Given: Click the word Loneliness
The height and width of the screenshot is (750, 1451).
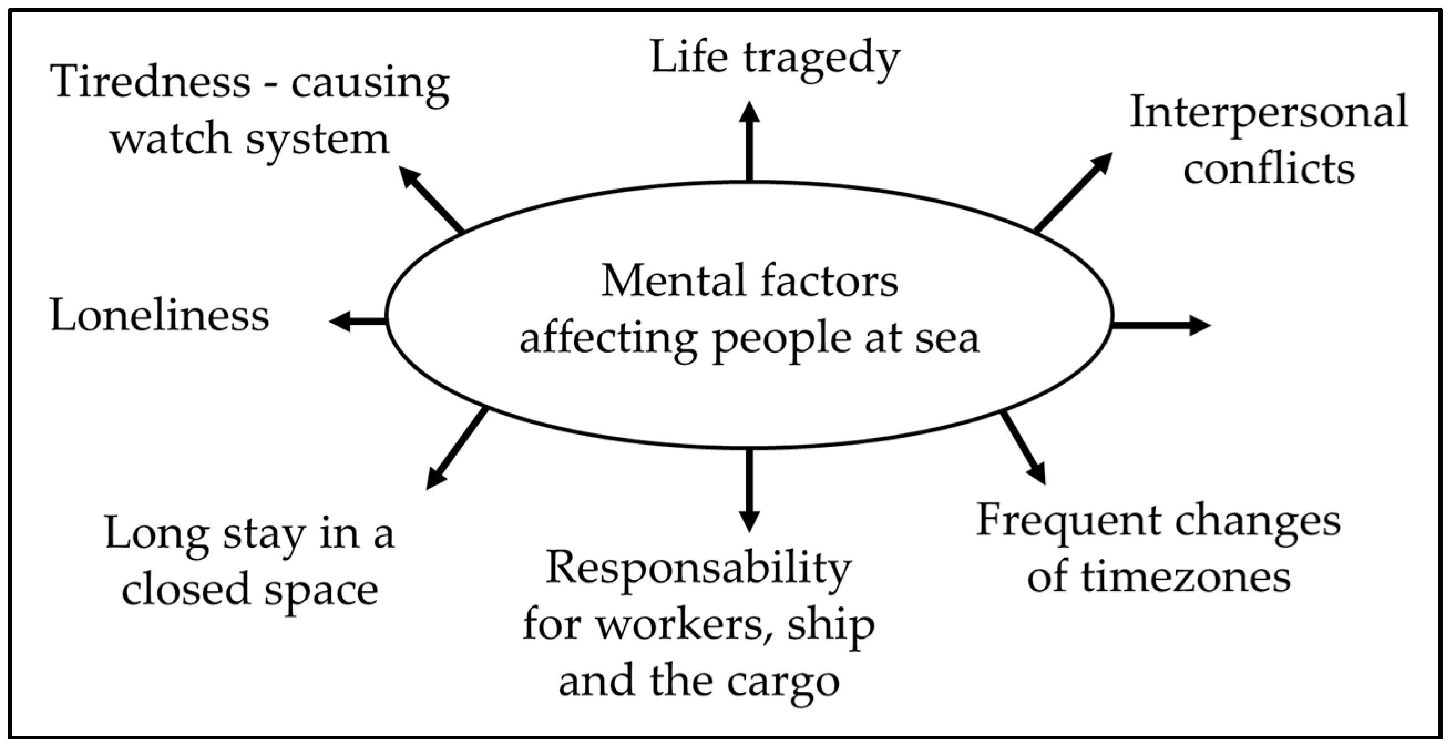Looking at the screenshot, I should tap(160, 315).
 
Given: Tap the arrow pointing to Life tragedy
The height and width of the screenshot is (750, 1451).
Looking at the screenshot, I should tap(749, 141).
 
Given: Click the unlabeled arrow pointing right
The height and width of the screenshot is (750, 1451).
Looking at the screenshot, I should tap(1160, 325).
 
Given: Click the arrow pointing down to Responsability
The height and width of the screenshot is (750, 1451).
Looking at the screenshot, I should tap(749, 490).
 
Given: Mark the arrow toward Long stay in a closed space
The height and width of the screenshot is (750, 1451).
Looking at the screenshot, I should tap(457, 448).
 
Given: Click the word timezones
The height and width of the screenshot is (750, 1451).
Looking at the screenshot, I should tap(1186, 578).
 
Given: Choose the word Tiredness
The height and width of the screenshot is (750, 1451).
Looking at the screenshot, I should tap(150, 81).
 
